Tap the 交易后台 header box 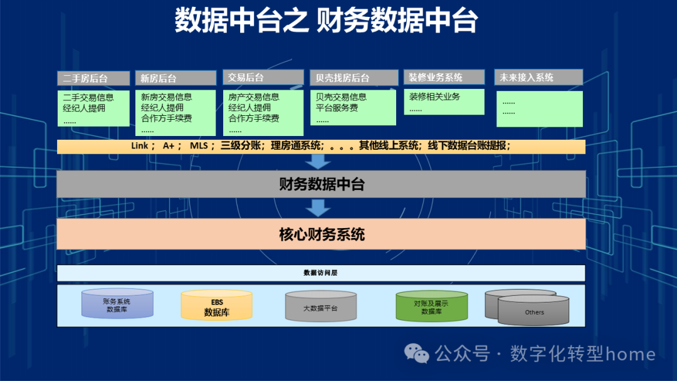point(263,78)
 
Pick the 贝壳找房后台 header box point(354,78)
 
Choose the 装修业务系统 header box point(444,77)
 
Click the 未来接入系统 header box point(538,77)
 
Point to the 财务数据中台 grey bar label point(321,184)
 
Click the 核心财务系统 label point(321,234)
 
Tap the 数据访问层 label point(320,273)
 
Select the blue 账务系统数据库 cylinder point(117,305)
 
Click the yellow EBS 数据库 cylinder point(217,306)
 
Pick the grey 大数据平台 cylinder point(320,308)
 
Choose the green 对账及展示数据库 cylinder point(431,306)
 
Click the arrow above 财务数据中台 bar point(320,162)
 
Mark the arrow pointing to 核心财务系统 point(320,208)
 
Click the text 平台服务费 point(337,108)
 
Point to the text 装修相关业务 point(434,97)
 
